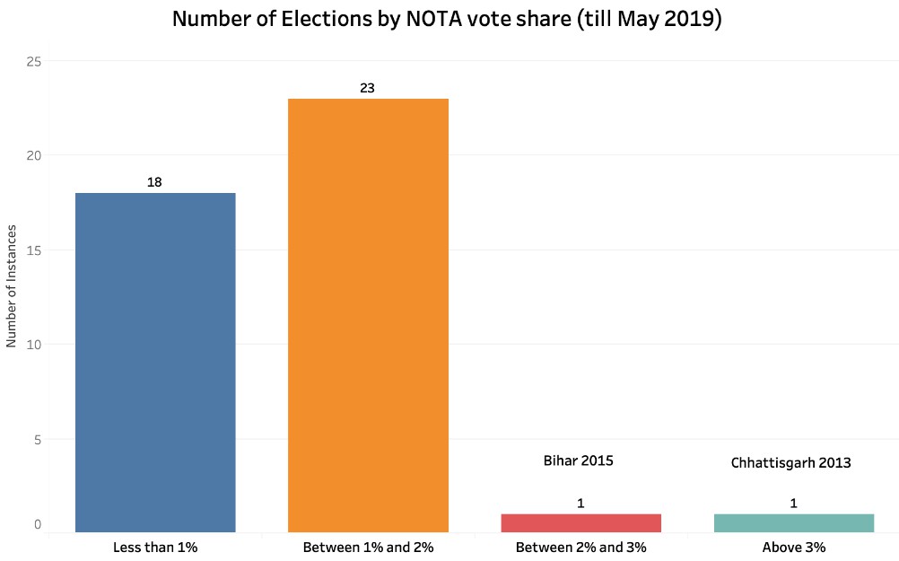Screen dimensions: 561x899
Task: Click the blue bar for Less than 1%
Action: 155,362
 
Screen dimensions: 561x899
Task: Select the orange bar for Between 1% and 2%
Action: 368,315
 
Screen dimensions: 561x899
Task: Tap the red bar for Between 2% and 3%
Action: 580,522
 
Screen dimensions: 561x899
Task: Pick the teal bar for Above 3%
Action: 793,522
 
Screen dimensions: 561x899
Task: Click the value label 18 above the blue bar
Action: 154,182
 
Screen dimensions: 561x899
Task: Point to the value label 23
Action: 367,88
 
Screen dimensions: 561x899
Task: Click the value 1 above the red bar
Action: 580,504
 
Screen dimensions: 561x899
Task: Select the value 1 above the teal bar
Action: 793,504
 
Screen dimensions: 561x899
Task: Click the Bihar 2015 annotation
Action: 579,460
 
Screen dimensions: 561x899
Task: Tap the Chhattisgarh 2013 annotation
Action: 790,463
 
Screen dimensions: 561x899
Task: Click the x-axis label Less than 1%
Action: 155,547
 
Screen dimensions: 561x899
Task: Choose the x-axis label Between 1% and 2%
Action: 368,547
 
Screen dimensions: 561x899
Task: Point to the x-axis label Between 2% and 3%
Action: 580,547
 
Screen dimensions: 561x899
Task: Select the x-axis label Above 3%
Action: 793,547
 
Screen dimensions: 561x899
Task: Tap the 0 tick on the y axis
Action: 38,525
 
